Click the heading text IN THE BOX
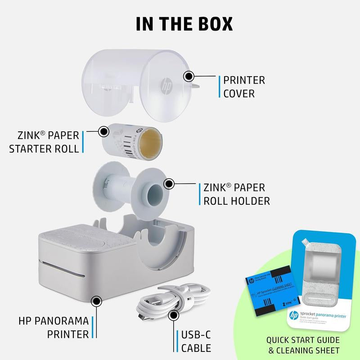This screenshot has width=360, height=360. [x=180, y=23]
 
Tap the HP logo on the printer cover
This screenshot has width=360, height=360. [x=167, y=84]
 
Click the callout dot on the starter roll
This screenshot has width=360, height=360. [x=103, y=131]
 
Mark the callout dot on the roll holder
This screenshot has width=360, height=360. [x=169, y=184]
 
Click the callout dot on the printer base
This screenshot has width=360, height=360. [x=95, y=300]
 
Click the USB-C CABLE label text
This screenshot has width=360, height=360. [x=196, y=341]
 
